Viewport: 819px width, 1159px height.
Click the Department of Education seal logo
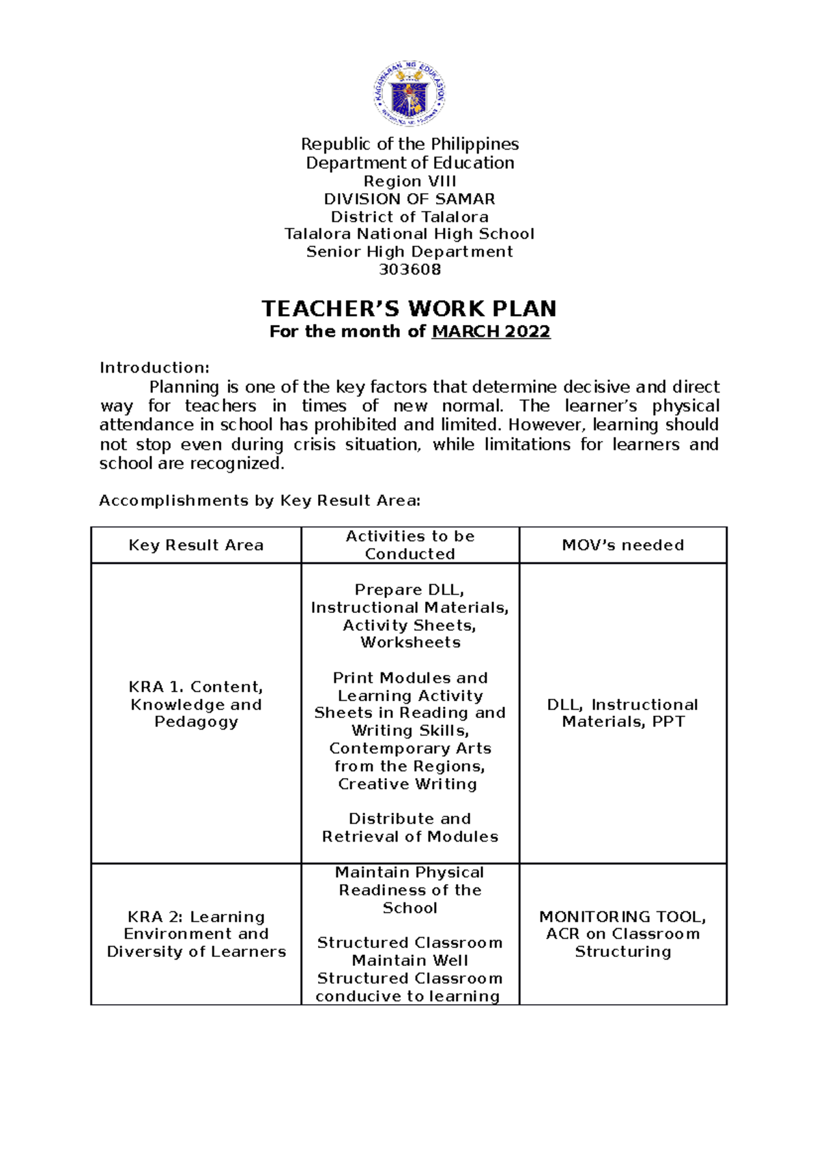[409, 93]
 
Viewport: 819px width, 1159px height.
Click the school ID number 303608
[409, 270]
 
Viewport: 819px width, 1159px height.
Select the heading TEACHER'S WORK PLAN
[409, 309]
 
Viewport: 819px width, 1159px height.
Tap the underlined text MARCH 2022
[491, 332]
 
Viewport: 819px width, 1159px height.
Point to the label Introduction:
[154, 368]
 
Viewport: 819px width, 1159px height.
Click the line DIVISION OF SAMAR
[409, 199]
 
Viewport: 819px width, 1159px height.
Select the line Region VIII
[409, 182]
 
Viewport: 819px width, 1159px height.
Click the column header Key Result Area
[196, 545]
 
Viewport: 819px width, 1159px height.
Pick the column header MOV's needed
[622, 545]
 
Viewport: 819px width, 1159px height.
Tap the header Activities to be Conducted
[409, 545]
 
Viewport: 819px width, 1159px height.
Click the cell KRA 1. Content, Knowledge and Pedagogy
[196, 704]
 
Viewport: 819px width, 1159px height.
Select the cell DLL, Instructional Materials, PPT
[622, 713]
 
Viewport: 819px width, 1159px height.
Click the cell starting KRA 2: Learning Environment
[196, 934]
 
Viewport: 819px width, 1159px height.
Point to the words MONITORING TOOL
[622, 917]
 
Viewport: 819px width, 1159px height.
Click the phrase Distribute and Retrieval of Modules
[409, 828]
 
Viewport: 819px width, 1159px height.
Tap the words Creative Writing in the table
[407, 784]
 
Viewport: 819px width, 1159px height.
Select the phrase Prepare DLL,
[409, 590]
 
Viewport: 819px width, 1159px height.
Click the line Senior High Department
[409, 252]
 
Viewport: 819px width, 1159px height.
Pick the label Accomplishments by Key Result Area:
[259, 501]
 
